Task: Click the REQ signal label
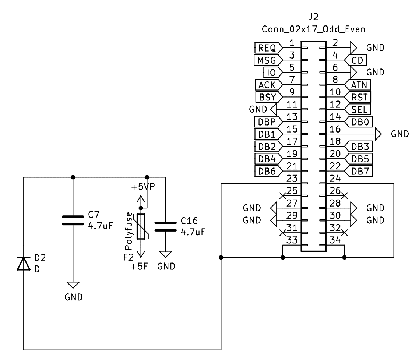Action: tap(268, 48)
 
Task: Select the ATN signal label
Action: tap(358, 85)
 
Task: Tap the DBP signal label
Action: tap(268, 122)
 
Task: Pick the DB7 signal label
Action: tap(358, 171)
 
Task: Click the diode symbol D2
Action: tap(24, 263)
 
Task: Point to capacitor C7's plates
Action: tap(73, 220)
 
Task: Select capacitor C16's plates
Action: tap(165, 226)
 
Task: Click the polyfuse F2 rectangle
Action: tap(141, 226)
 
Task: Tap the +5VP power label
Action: tap(143, 187)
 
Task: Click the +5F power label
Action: tap(139, 266)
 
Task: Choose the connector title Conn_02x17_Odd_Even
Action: tap(313, 29)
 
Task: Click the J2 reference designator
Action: tap(314, 17)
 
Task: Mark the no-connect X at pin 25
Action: tap(283, 196)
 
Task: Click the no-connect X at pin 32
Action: tap(345, 233)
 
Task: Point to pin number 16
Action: tap(335, 129)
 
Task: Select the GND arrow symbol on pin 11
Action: tap(273, 109)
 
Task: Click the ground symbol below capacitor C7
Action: tap(73, 285)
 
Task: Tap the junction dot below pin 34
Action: tap(345, 257)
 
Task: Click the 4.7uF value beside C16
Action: tap(193, 232)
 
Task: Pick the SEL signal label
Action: tap(358, 109)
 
